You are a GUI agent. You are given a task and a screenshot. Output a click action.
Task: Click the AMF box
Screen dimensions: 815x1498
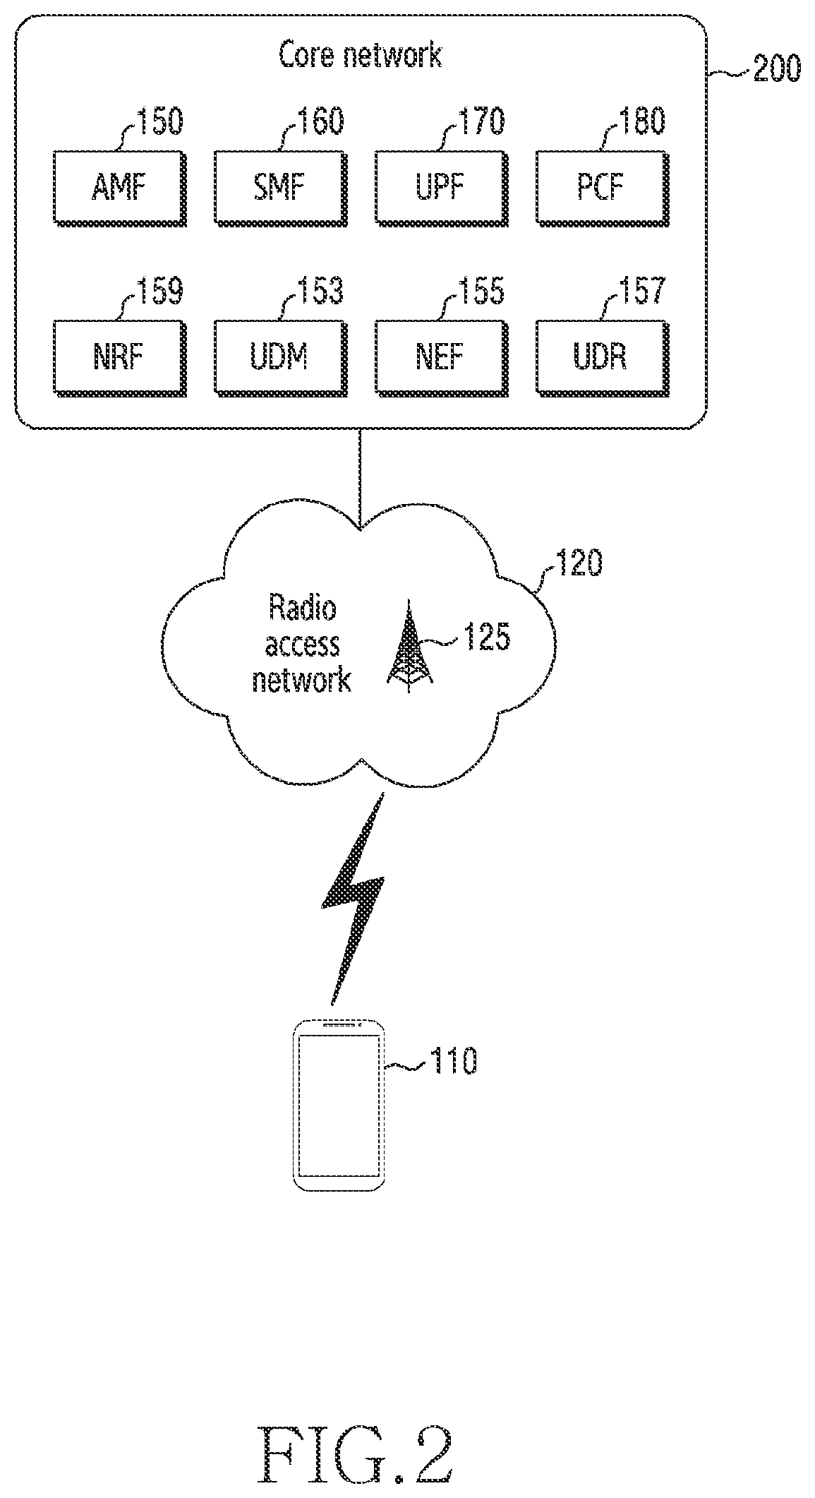[x=121, y=188]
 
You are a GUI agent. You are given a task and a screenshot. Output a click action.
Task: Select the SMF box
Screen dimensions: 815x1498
[x=281, y=188]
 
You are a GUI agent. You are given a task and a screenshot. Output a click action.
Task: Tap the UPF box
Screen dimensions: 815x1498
[x=442, y=188]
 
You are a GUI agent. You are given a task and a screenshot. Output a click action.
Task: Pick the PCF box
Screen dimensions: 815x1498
[x=602, y=188]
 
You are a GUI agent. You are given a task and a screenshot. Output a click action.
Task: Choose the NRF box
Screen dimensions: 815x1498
[x=121, y=357]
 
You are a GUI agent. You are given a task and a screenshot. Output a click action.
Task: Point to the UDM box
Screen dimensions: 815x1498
[x=281, y=357]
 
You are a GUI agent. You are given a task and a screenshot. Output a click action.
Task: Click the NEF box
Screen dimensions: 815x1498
[x=442, y=357]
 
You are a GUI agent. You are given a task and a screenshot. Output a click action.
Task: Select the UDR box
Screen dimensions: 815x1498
[x=602, y=357]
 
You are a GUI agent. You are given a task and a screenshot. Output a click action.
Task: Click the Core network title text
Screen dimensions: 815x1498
[x=361, y=55]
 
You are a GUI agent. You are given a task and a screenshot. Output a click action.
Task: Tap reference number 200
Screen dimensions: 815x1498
[x=777, y=70]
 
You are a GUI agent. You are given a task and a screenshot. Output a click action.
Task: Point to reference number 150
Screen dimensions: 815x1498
[x=159, y=121]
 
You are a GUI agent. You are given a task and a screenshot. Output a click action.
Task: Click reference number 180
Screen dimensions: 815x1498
[x=642, y=121]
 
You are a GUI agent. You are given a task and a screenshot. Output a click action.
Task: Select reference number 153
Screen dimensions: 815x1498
[x=320, y=290]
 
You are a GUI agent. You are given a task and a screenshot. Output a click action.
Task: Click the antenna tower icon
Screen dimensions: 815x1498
[x=410, y=647]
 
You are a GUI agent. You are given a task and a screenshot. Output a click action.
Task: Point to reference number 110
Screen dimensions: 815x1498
[x=454, y=1060]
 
